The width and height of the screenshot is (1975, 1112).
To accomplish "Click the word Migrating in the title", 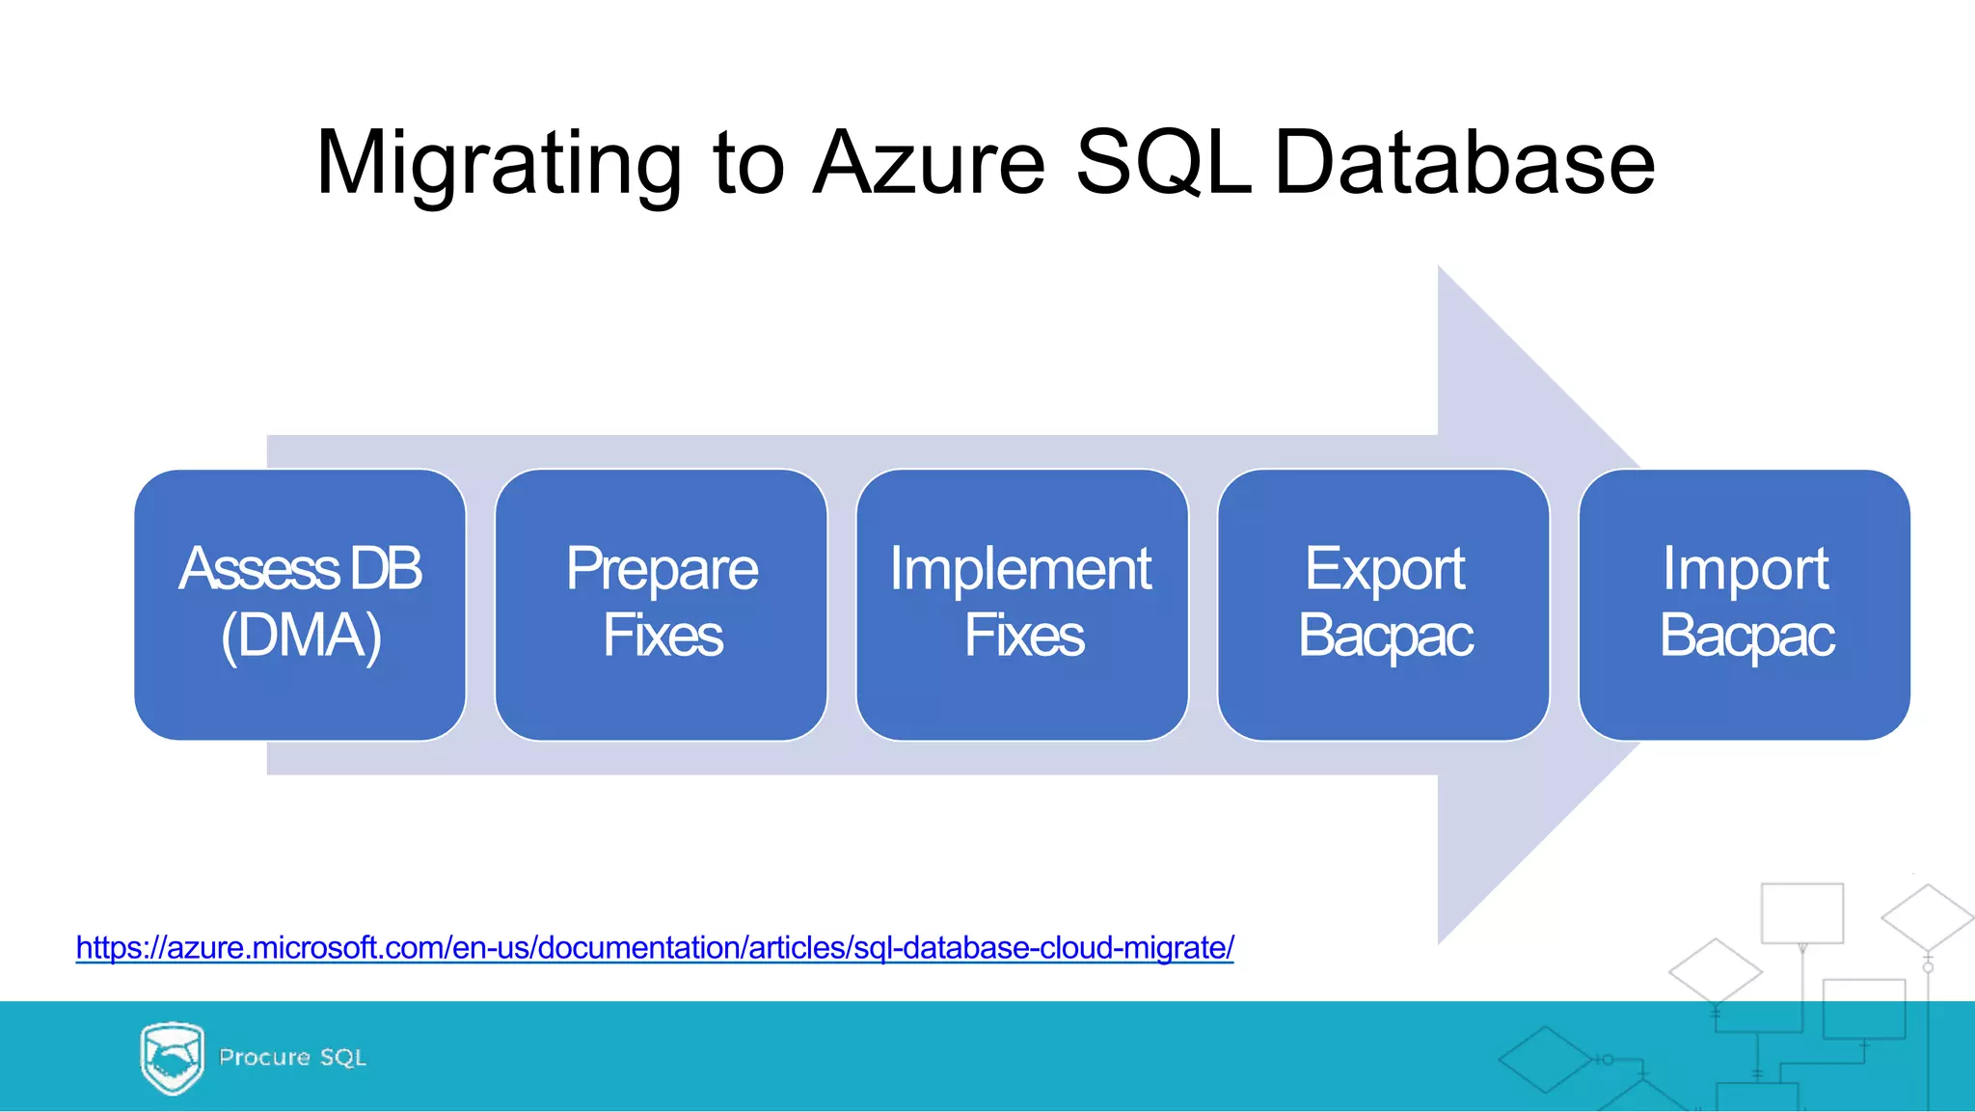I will click(x=499, y=164).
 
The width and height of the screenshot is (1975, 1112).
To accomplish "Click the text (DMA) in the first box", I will click(x=301, y=636).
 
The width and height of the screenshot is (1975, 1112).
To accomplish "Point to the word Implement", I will click(x=1020, y=569).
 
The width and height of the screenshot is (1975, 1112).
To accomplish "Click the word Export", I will click(x=1385, y=569).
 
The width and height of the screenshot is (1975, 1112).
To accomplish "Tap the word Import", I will click(x=1745, y=569).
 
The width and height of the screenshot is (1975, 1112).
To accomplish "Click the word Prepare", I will click(x=662, y=569).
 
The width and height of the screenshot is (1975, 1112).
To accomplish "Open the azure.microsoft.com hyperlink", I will click(x=655, y=948).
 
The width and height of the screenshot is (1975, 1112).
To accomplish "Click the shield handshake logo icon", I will click(x=172, y=1057).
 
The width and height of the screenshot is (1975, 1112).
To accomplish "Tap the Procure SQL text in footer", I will click(x=292, y=1057).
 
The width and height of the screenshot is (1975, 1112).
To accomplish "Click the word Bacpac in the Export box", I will click(x=1386, y=636).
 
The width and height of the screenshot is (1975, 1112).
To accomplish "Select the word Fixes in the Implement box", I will click(x=1024, y=636).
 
